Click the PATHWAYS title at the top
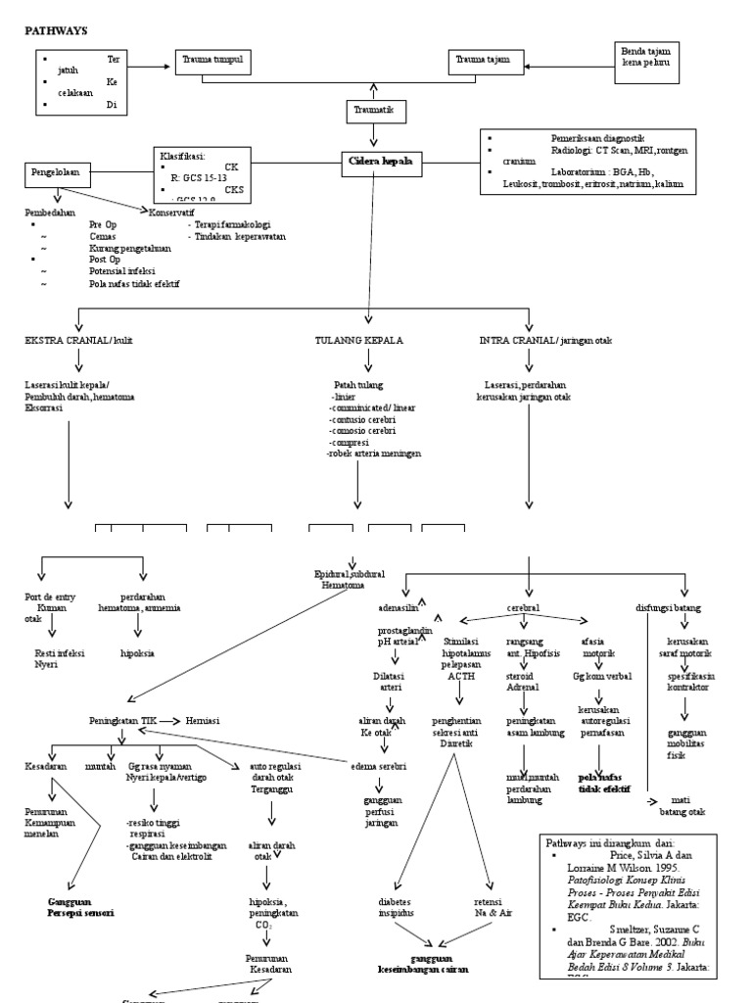click(x=56, y=31)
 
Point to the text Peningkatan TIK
click(x=121, y=722)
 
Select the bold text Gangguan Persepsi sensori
click(x=80, y=906)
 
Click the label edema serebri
click(x=379, y=765)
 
